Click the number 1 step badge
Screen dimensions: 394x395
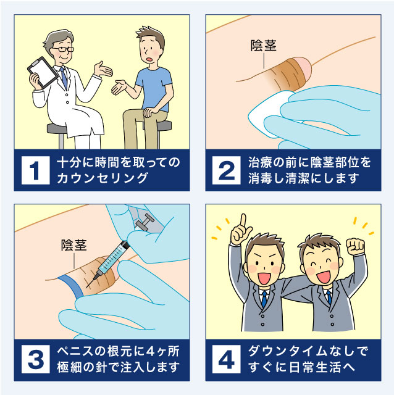(36, 170)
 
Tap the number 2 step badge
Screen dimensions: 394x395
(227, 170)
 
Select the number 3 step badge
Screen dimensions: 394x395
(36, 359)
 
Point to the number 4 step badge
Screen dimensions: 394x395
(227, 359)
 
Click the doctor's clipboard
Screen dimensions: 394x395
(43, 72)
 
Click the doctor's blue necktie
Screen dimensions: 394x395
(64, 78)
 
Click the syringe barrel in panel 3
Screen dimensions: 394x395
(113, 259)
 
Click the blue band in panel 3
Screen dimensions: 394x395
(72, 286)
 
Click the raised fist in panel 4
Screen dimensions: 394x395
(356, 246)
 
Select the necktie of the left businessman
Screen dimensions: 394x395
(264, 300)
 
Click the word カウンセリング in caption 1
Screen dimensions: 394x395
(102, 178)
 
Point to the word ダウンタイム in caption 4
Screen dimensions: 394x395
(283, 351)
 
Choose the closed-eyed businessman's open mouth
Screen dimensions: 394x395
(324, 276)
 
